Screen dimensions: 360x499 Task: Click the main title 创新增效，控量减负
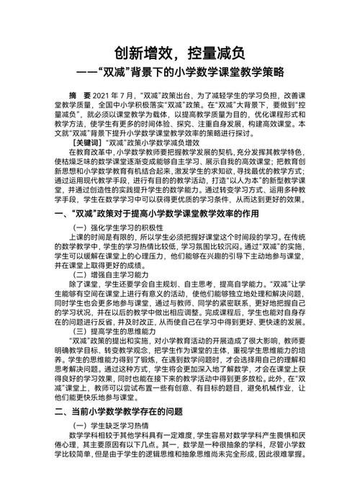click(x=180, y=53)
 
